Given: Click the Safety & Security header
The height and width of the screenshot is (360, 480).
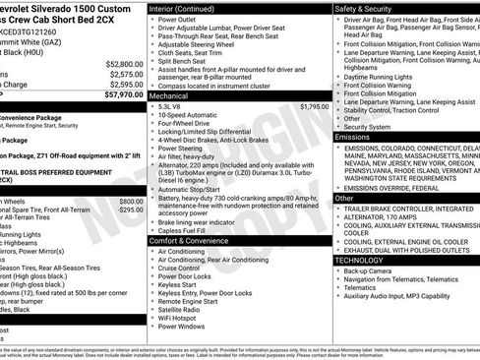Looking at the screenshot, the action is pyautogui.click(x=370, y=7).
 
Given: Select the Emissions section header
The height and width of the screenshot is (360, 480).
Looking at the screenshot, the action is pyautogui.click(x=353, y=137).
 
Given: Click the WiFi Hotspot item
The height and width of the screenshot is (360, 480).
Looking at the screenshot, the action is pyautogui.click(x=181, y=318).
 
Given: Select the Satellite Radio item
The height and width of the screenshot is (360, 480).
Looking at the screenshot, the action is pyautogui.click(x=182, y=309).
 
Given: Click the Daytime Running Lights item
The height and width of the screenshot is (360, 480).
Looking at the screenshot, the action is pyautogui.click(x=385, y=76).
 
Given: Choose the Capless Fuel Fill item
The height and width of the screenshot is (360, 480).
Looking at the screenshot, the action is pyautogui.click(x=184, y=230).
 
